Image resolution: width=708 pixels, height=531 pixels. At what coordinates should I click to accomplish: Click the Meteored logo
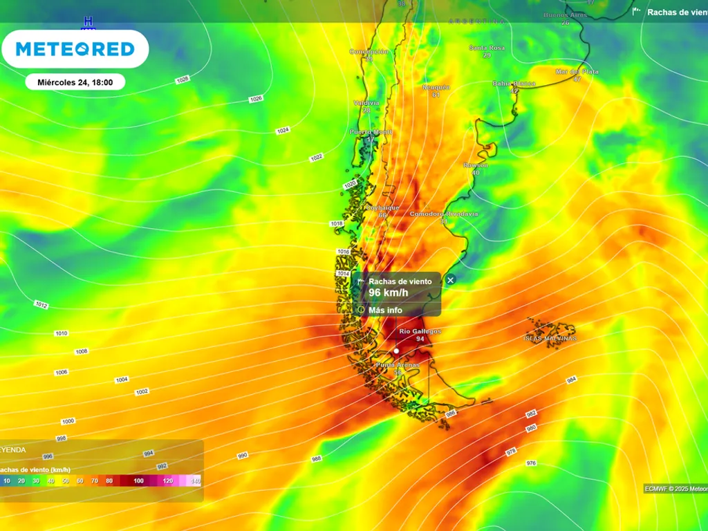click(75, 49)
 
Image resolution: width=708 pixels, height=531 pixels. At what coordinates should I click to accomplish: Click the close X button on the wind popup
click(451, 280)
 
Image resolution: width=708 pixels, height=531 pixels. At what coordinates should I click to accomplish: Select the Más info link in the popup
click(385, 310)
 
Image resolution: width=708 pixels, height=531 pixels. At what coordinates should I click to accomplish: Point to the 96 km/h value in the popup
click(389, 293)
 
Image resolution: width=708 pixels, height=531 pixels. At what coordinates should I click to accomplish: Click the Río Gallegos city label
click(420, 332)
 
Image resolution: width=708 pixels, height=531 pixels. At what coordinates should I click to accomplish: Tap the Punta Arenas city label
click(398, 364)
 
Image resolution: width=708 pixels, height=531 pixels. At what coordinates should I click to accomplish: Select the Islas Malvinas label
click(550, 338)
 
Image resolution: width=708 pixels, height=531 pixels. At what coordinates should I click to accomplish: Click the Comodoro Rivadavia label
click(443, 214)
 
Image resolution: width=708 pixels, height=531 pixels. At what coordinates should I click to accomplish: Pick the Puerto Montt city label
click(371, 131)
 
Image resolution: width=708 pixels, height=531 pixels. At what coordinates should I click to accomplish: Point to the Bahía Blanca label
click(514, 84)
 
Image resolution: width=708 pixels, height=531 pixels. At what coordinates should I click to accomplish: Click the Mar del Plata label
click(577, 71)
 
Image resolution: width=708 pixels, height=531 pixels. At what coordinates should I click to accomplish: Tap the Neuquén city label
click(436, 87)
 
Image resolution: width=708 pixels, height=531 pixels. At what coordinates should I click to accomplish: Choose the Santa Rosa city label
click(487, 48)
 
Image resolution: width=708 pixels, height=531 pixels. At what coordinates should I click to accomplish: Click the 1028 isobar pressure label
click(183, 80)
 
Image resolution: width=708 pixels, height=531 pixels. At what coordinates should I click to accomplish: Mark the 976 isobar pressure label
click(531, 463)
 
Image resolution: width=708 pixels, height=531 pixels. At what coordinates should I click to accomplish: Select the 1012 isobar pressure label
click(41, 305)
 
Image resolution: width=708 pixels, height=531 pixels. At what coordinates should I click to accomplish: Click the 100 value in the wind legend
click(139, 481)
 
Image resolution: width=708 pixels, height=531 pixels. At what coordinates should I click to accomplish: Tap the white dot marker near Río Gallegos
click(396, 351)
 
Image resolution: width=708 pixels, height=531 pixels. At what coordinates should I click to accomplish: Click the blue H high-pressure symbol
click(88, 21)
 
